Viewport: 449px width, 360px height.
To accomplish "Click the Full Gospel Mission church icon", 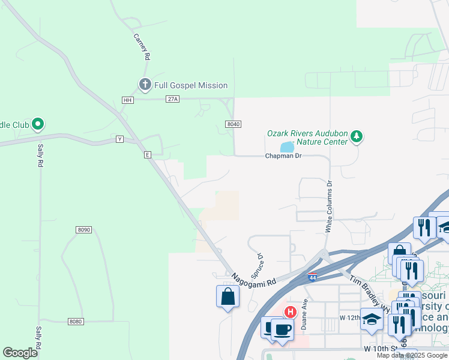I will point(145,85).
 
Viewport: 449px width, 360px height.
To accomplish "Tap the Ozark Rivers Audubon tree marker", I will point(357,136).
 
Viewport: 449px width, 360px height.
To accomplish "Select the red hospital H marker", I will point(290,312).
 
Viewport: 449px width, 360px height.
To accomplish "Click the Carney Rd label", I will point(141,47).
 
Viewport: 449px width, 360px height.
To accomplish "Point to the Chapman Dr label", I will point(283,156).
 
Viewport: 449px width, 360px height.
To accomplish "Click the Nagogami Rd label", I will point(254,279).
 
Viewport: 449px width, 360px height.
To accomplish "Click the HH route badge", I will point(127,100).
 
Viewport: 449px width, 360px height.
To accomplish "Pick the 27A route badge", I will point(172,100).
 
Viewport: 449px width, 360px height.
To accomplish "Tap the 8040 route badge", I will point(234,124).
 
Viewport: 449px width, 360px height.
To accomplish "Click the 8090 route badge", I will point(84,230).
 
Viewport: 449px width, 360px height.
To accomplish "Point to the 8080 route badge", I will point(75,322).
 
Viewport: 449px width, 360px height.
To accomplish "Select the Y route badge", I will point(120,140).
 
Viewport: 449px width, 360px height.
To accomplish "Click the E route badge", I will point(146,155).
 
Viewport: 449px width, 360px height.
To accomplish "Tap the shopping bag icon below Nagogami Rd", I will point(228,296).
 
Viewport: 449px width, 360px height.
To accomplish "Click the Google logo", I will point(20,353).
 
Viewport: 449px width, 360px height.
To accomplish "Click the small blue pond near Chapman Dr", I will point(288,147).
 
